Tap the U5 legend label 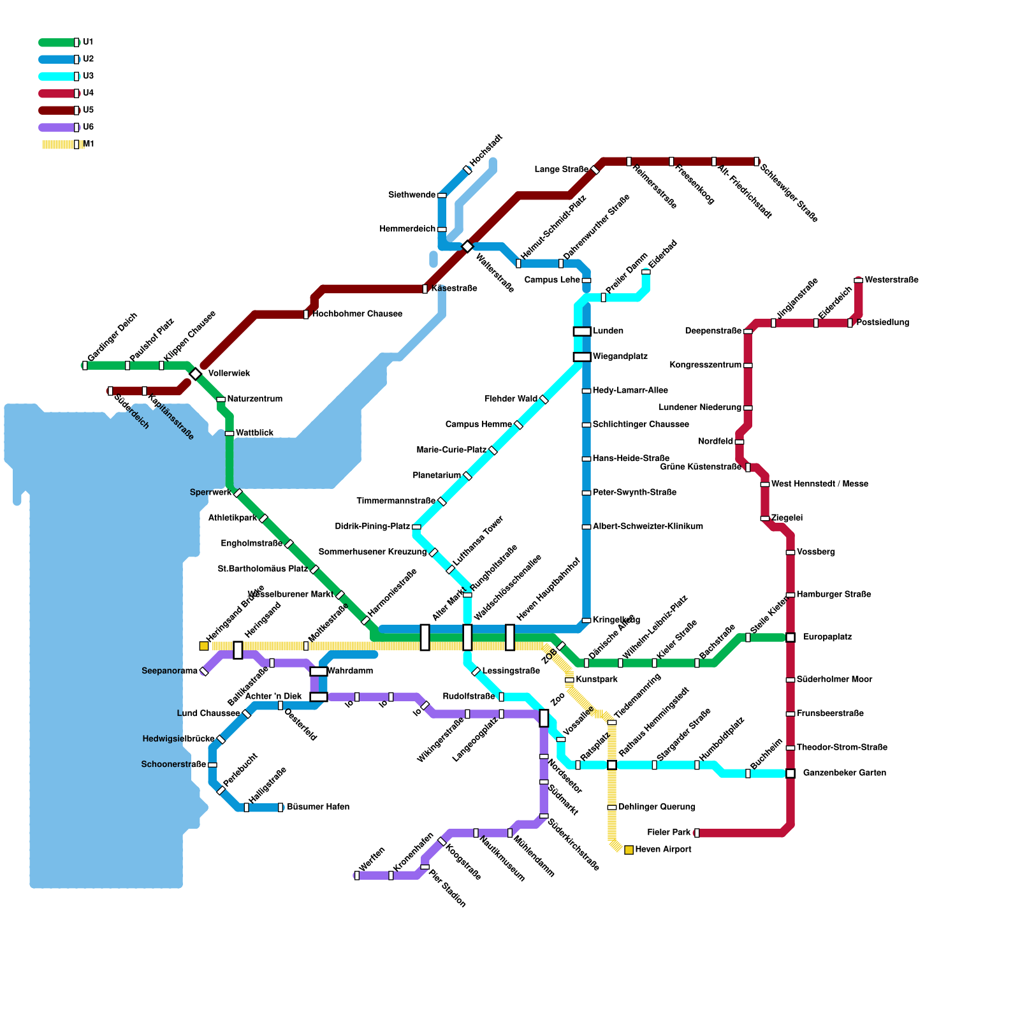click(88, 110)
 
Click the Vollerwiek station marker click(196, 374)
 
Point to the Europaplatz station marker click(790, 637)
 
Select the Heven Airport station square click(629, 850)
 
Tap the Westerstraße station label click(891, 280)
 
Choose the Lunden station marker click(581, 331)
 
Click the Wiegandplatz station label click(620, 357)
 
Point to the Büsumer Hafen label click(317, 807)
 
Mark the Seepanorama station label click(170, 671)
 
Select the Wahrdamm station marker click(319, 671)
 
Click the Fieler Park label click(669, 833)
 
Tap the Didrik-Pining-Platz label click(372, 527)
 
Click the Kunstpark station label click(596, 680)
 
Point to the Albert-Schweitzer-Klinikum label click(648, 527)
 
